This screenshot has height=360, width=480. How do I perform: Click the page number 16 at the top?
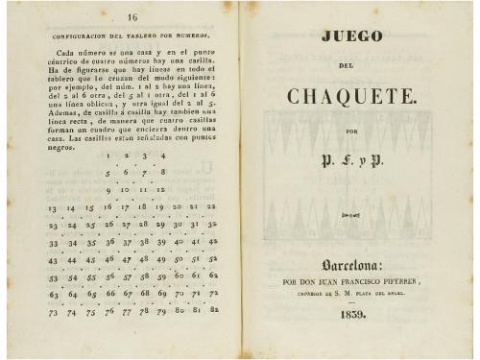pos(132,18)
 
